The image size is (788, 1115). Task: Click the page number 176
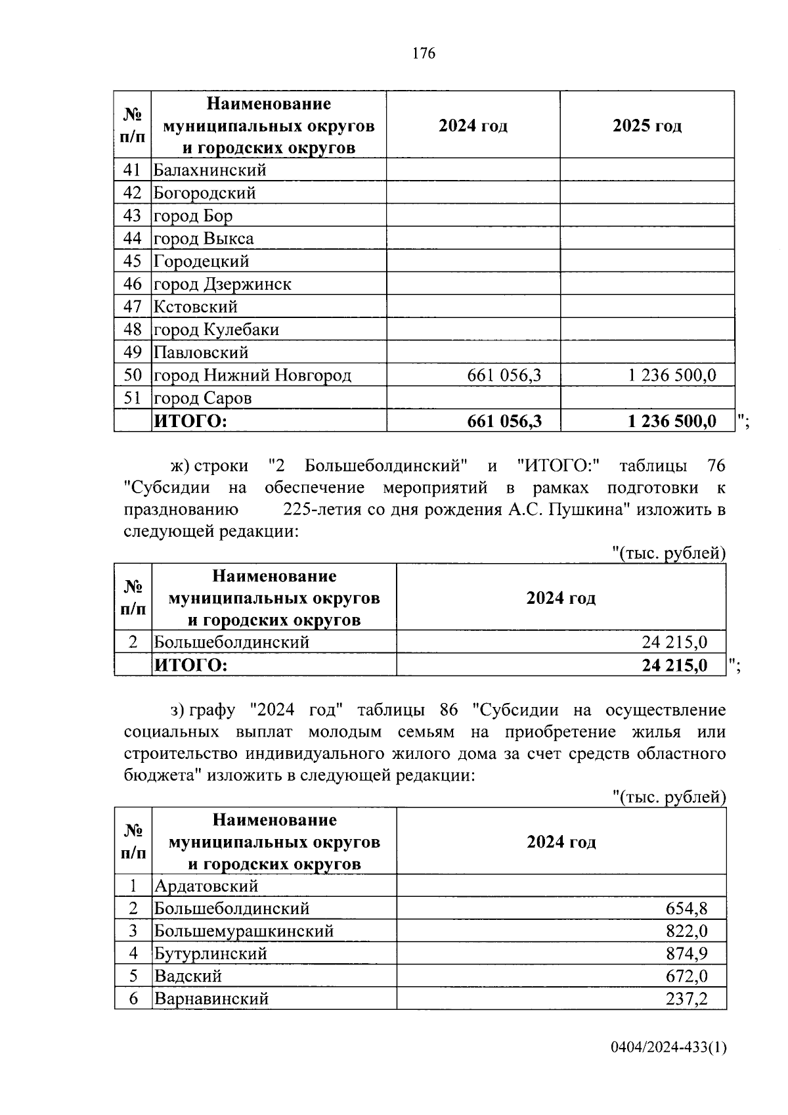(x=424, y=53)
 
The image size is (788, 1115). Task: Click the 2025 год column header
(x=647, y=125)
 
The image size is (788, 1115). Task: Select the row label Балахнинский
(x=209, y=170)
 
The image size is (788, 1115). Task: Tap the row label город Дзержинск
(x=222, y=284)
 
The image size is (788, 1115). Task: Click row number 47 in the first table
(x=132, y=307)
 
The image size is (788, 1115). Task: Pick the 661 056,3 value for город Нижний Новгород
(x=504, y=375)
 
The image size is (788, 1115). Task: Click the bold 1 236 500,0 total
(x=671, y=421)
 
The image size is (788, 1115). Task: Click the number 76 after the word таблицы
(x=716, y=466)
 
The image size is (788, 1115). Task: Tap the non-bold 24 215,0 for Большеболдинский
(x=674, y=642)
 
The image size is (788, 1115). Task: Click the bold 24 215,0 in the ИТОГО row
(x=674, y=665)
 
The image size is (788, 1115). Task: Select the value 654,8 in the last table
(x=686, y=909)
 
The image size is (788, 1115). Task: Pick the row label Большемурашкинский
(x=244, y=931)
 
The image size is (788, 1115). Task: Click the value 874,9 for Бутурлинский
(x=686, y=953)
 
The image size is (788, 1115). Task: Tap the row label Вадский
(x=188, y=976)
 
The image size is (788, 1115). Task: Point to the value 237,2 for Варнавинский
(x=686, y=999)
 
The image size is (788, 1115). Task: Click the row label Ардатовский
(x=206, y=886)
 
